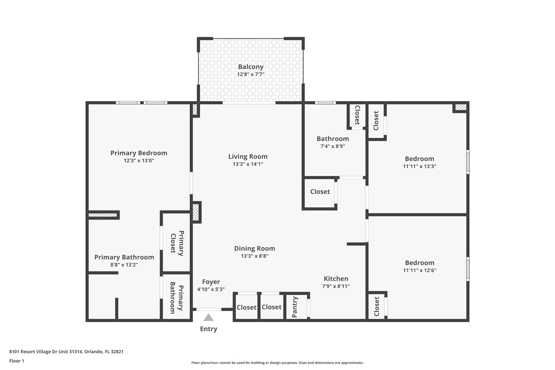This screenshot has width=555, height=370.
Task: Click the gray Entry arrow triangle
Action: click(x=208, y=318)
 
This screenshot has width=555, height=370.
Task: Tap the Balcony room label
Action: click(x=251, y=67)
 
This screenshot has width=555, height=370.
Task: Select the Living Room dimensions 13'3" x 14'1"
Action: click(x=248, y=164)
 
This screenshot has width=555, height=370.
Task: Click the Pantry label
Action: click(x=295, y=307)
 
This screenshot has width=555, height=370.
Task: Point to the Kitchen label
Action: click(x=336, y=279)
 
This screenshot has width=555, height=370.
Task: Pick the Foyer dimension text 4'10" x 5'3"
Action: click(x=211, y=289)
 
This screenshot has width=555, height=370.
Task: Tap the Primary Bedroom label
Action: click(x=139, y=153)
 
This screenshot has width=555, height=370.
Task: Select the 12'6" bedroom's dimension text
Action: click(x=420, y=270)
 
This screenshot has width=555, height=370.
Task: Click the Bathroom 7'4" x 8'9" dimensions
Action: click(x=333, y=146)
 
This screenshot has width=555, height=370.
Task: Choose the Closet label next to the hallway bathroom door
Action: click(x=320, y=192)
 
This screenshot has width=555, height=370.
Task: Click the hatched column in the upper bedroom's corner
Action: click(x=461, y=107)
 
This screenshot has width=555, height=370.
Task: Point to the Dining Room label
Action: click(x=254, y=248)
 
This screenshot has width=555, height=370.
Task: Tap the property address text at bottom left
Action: click(x=66, y=352)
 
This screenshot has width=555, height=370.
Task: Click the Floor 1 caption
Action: click(x=17, y=361)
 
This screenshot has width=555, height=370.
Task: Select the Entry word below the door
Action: click(x=208, y=329)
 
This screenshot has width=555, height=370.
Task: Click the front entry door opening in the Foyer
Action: click(x=209, y=309)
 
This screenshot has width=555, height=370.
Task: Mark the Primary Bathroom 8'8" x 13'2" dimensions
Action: click(x=124, y=265)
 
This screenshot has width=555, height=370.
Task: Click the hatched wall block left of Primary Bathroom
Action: click(x=103, y=215)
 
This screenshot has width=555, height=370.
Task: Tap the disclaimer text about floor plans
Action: click(x=277, y=363)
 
